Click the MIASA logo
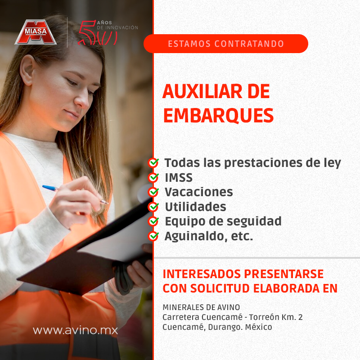36,33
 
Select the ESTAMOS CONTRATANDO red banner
225,44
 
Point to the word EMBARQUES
218,116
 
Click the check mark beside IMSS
153,177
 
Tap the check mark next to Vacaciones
153,192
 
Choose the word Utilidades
195,207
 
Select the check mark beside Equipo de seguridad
153,221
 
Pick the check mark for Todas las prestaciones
153,162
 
